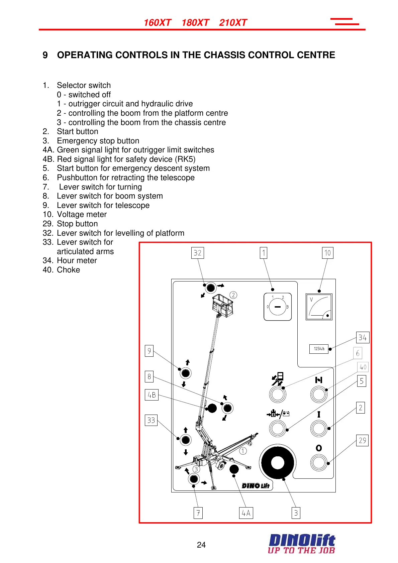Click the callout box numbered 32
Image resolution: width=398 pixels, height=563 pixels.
(x=197, y=253)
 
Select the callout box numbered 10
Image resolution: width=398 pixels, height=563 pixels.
(x=327, y=253)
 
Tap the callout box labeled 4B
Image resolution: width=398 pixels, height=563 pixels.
(x=152, y=395)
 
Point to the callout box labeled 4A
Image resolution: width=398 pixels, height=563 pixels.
(x=246, y=513)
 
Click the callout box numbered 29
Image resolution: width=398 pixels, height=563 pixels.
(x=362, y=440)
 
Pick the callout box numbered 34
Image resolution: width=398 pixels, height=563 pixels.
(x=362, y=337)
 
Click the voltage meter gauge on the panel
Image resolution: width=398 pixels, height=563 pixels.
(x=319, y=307)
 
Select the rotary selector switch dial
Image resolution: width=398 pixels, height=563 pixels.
(x=278, y=307)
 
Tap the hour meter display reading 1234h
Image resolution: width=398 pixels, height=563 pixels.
(x=319, y=349)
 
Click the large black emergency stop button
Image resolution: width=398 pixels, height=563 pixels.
(x=277, y=463)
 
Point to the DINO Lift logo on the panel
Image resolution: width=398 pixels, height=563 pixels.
(x=256, y=485)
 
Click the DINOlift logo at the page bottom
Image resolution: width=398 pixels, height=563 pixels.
(x=302, y=544)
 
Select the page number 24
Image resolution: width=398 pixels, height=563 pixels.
(x=201, y=545)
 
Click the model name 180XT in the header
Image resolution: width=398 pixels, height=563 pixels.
(x=195, y=23)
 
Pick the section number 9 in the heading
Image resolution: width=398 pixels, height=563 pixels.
(x=45, y=55)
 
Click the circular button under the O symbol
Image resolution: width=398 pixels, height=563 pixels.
(x=319, y=463)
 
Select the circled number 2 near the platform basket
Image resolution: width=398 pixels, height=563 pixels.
(x=233, y=295)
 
